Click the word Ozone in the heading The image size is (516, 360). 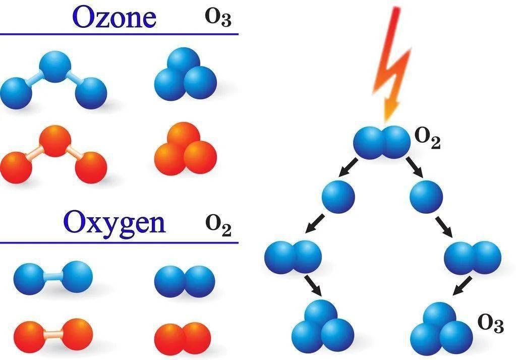tap(114, 17)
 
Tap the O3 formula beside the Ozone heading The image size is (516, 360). tap(218, 18)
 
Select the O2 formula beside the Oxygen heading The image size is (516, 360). tap(218, 226)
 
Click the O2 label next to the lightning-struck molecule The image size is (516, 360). tap(427, 138)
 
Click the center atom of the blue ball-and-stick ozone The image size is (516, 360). tap(55, 66)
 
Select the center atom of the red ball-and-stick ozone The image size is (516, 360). tap(55, 141)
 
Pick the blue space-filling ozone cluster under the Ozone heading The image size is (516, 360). tap(185, 74)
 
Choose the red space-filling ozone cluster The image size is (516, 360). tap(185, 149)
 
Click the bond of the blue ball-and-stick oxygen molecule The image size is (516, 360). tap(52, 277)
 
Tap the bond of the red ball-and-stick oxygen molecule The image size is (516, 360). tap(52, 334)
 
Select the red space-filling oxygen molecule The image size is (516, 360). tap(183, 339)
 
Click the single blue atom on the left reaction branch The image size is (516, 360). tap(338, 197)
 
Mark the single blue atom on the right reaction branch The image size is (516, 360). tap(426, 197)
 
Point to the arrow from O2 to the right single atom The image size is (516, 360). tap(415, 167)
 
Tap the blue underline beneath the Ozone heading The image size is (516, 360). tap(119, 34)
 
